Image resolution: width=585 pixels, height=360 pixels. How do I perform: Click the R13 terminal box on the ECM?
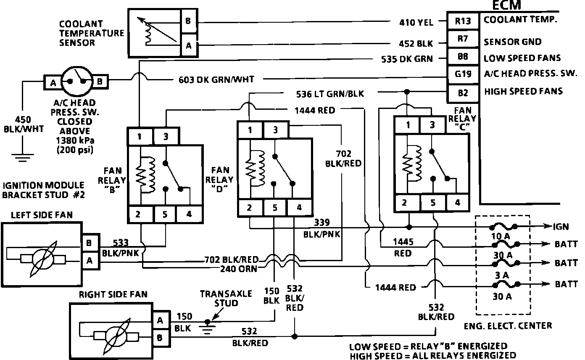tap(463, 21)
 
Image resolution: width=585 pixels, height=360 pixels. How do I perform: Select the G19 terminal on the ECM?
tap(463, 74)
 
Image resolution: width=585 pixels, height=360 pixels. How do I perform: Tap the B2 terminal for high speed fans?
tap(463, 92)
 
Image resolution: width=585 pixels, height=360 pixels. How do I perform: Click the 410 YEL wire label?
tap(416, 22)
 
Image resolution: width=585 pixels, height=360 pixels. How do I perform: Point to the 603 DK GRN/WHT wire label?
tap(214, 79)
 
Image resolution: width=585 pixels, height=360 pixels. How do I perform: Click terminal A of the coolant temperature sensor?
tap(188, 46)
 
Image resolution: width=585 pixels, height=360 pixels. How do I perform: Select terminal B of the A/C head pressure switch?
tap(100, 82)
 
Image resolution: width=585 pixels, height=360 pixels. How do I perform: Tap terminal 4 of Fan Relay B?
tap(189, 214)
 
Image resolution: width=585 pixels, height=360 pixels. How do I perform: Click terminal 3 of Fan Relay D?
tap(275, 130)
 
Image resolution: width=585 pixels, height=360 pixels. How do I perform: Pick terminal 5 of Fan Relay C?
tap(433, 203)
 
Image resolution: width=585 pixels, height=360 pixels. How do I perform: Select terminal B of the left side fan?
tap(90, 243)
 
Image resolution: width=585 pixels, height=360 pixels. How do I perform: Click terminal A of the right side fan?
tap(160, 320)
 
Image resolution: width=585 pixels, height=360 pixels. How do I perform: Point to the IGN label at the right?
tap(561, 227)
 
